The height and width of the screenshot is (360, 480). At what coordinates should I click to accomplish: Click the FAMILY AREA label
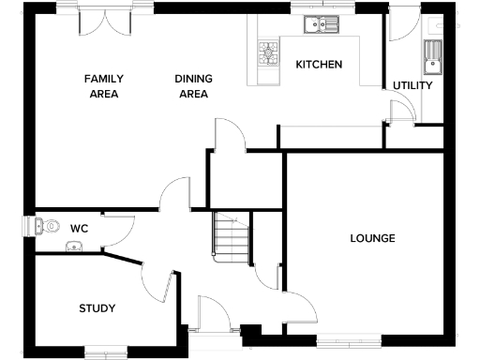(x=105, y=86)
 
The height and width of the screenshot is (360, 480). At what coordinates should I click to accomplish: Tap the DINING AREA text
(x=192, y=86)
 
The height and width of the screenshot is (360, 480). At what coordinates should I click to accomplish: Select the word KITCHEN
(x=319, y=65)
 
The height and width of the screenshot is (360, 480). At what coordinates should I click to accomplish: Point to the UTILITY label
(x=412, y=85)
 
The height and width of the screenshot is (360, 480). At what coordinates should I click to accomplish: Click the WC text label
(x=79, y=226)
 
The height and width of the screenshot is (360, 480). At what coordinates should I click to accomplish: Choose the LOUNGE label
(x=372, y=238)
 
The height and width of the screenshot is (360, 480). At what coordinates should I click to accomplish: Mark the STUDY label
(x=97, y=307)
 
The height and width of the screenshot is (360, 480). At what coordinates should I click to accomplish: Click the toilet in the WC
(x=44, y=225)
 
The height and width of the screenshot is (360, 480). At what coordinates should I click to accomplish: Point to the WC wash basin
(x=74, y=247)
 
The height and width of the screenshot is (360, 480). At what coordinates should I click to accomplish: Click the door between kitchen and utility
(x=398, y=108)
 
